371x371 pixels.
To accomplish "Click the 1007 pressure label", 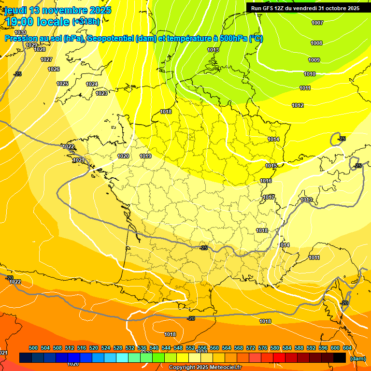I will coord(317,23).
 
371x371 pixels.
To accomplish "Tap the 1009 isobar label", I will coord(314,60).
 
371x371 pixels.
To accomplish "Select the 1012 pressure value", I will coord(298,105).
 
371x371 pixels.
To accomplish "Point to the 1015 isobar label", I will coord(271,166).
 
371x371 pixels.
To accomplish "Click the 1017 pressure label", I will coord(269,197).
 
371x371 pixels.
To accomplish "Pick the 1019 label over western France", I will coord(145,156).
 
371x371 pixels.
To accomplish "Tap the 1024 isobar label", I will coord(92,84).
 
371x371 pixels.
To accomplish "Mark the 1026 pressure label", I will coord(54,69).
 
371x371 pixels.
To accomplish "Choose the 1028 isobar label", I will coord(40,49).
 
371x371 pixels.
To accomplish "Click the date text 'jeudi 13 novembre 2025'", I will coord(57,10).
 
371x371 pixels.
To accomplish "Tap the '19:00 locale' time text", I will coord(37,21).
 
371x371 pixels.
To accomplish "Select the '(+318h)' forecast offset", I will coord(86,21).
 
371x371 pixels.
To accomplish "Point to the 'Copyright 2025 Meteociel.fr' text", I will coord(205,367).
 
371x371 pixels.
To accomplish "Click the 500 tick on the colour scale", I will coord(33,348).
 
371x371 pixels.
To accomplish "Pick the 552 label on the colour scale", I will coord(190,348).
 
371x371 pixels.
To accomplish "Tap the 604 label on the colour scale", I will coord(347,348).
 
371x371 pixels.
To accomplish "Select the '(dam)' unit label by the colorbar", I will coord(357,358).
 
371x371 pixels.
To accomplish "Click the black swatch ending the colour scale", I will coord(340,357).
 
